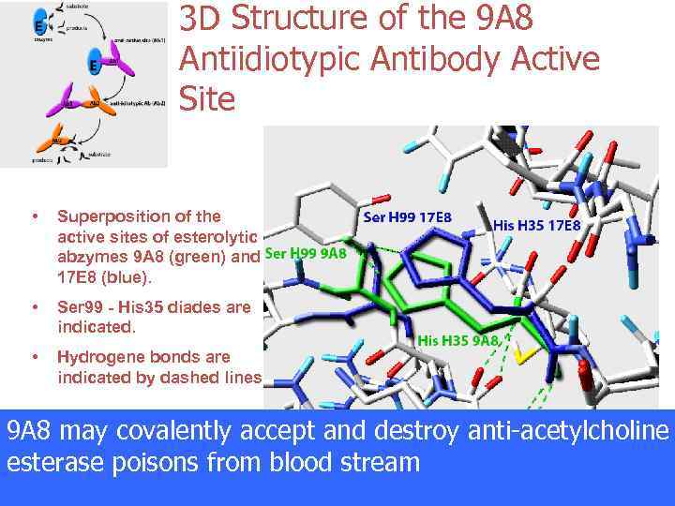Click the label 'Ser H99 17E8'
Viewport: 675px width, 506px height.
click(407, 217)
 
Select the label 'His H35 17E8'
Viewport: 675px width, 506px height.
click(536, 226)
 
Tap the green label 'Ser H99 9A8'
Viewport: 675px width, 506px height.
click(306, 253)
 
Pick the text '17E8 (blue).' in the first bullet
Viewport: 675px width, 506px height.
click(97, 278)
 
